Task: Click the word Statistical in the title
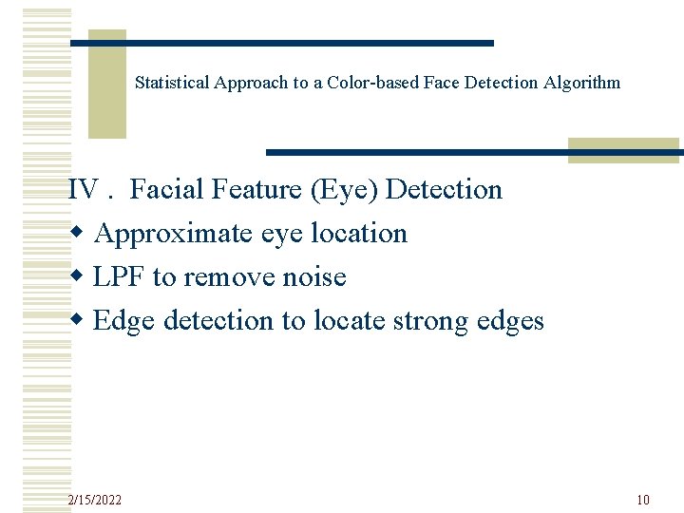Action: click(x=173, y=83)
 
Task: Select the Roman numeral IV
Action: click(x=84, y=190)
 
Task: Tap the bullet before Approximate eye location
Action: click(x=76, y=235)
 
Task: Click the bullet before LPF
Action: click(x=76, y=278)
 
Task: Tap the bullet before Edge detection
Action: click(x=76, y=322)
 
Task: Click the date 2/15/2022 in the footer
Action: click(x=95, y=500)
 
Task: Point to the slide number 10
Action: click(x=643, y=500)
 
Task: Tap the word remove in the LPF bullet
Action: click(x=229, y=277)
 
